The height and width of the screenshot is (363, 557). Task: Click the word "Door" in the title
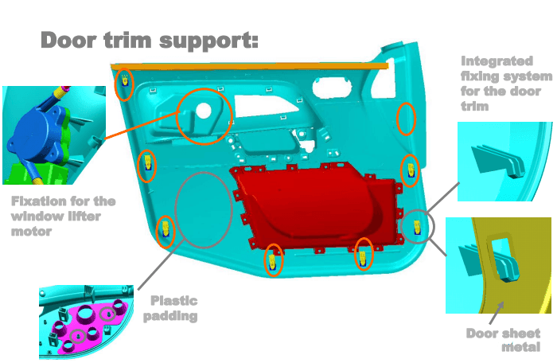coord(69,40)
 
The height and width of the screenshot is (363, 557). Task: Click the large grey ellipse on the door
coord(176,210)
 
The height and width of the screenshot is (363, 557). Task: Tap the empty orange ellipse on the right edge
coord(397,119)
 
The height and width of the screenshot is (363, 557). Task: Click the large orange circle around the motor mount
coord(177,116)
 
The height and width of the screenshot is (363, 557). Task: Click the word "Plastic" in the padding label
coord(174,301)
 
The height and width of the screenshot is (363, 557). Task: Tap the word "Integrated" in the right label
coord(497,61)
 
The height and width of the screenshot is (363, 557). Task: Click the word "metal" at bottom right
coord(520,347)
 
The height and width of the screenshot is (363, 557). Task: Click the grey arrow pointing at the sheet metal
coord(497,313)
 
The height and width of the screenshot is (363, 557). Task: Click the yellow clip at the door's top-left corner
coord(125,81)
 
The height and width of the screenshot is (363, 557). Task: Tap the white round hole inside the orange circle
coord(204,110)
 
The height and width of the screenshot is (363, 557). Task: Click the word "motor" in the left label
coord(31,232)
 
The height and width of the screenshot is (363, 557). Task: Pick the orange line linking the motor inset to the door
coord(143,124)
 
